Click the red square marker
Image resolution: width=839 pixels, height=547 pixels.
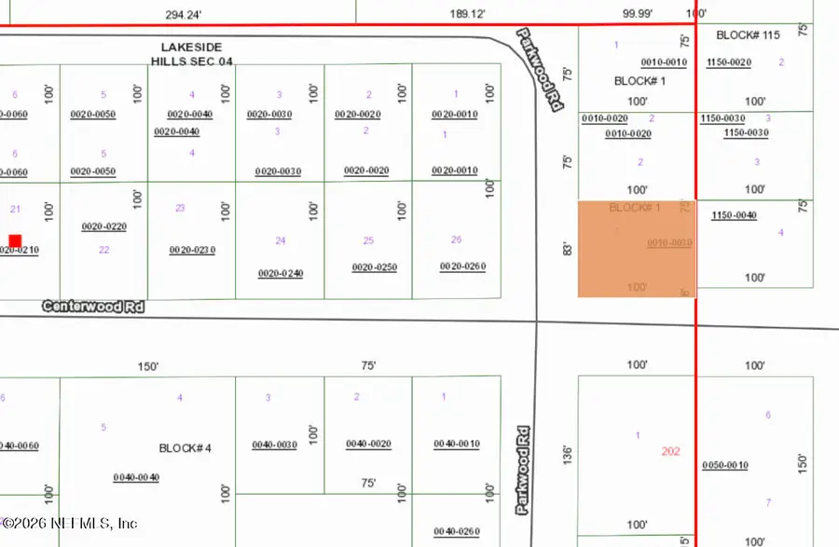point(15,240)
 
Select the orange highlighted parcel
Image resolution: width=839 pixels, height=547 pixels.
point(637,249)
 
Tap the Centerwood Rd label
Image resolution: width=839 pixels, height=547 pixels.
point(93,306)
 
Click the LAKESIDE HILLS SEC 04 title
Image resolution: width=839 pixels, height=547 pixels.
point(191,54)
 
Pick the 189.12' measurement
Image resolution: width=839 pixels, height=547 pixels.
point(467,14)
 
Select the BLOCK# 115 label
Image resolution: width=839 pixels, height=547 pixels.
point(748,35)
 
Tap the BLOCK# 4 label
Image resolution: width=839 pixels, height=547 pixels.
point(186,448)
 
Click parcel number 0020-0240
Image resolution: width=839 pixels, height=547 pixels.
point(281,273)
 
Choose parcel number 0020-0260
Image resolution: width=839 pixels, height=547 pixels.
point(462,267)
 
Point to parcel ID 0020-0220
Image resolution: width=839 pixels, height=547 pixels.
point(103,226)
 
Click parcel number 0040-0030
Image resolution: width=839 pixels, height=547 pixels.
point(274,444)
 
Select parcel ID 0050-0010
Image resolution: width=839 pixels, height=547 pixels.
point(725,465)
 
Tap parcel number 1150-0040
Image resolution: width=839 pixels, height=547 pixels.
point(734,215)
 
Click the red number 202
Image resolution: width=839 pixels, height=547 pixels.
point(671,451)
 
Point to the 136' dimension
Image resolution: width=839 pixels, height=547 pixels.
point(566,455)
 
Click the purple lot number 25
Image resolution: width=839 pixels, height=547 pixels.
point(368,240)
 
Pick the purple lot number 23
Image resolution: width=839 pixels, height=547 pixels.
point(180,208)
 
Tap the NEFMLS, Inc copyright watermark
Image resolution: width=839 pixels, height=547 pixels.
point(70,524)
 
